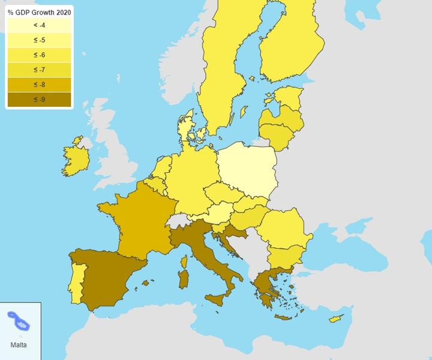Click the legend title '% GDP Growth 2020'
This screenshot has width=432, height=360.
coord(39,12)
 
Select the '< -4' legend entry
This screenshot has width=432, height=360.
coord(39,25)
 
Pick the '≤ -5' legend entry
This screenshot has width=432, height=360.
coord(39,40)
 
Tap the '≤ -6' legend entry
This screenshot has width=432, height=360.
coord(39,55)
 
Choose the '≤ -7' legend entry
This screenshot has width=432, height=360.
coord(39,70)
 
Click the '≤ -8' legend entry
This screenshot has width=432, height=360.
coord(39,85)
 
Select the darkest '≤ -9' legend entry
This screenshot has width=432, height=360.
coord(39,99)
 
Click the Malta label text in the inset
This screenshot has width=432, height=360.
coord(18,345)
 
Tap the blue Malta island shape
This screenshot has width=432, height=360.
coord(19,321)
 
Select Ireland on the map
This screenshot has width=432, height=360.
coord(76,159)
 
